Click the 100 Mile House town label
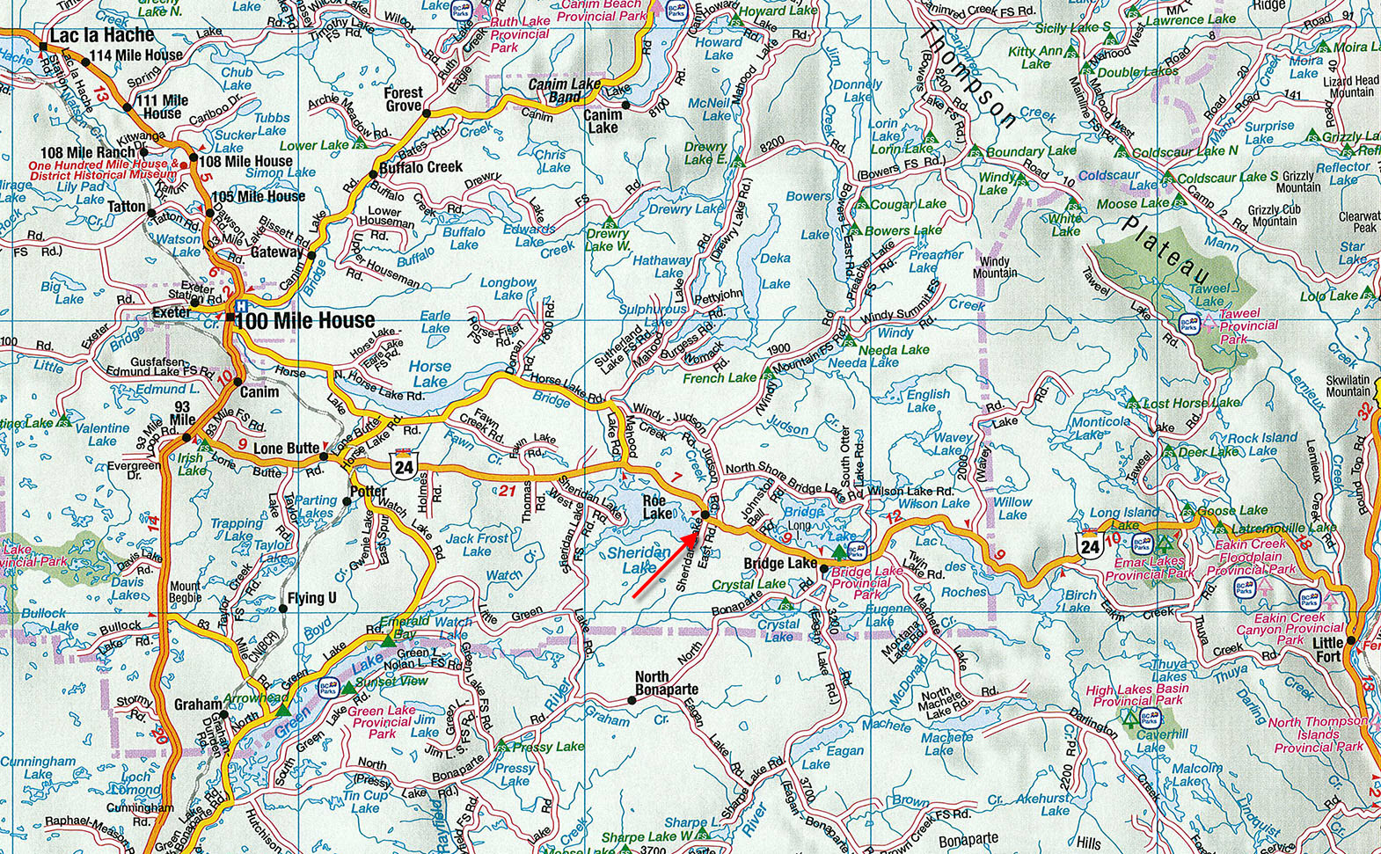coord(306,321)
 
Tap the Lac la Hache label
coord(102,36)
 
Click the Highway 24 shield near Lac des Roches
coord(1090,545)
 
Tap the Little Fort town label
coord(1329,649)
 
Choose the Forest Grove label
coord(403,99)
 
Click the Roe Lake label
coord(657,507)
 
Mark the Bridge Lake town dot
coord(823,569)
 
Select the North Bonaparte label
coord(666,683)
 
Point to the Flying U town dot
coord(282,608)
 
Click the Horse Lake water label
coord(429,374)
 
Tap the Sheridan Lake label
coord(639,560)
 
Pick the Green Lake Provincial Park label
coord(382,722)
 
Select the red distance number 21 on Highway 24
coord(507,491)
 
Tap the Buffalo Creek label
coord(421,167)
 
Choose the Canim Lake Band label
coord(565,91)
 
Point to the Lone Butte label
coord(286,449)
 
